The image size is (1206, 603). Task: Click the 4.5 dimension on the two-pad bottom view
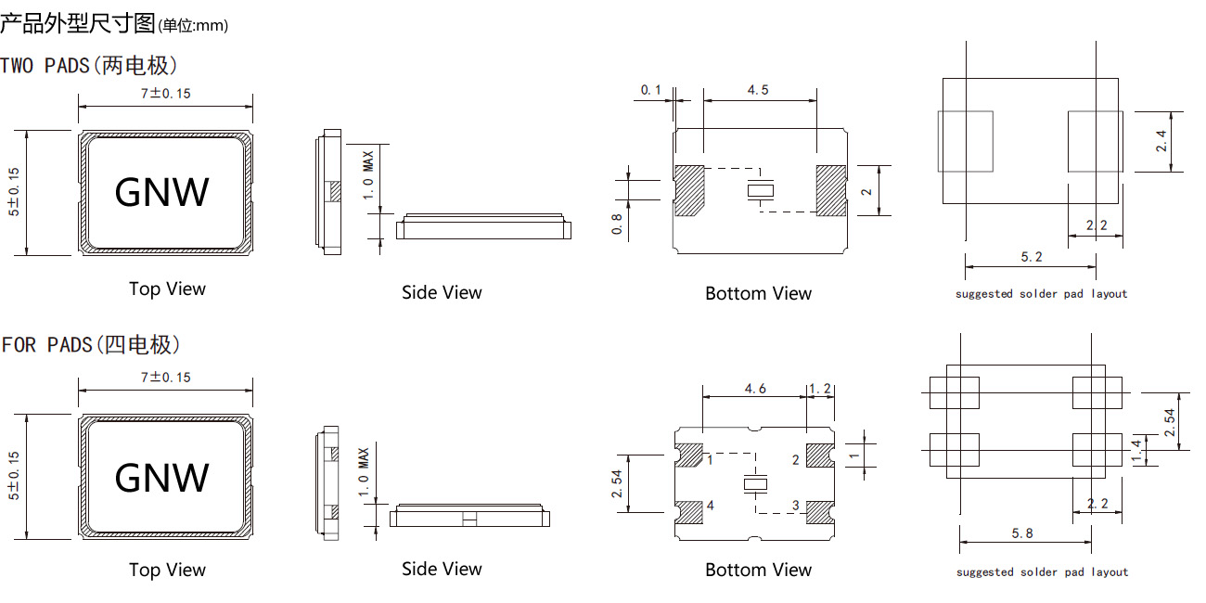click(757, 90)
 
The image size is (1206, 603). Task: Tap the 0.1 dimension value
click(651, 90)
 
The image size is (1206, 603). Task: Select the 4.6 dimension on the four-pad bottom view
click(755, 389)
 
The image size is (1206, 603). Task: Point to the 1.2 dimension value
click(820, 389)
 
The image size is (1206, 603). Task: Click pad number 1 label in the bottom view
click(710, 459)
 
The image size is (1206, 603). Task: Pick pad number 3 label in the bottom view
click(795, 506)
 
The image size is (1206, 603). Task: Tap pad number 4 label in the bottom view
click(710, 506)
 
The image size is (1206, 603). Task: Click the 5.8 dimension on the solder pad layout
click(1023, 533)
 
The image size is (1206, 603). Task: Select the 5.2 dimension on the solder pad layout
click(1031, 257)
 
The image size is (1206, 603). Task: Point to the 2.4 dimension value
click(1161, 142)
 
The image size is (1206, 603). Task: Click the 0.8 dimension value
click(617, 224)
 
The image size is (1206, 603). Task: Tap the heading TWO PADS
click(89, 66)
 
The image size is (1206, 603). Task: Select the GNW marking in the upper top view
click(162, 192)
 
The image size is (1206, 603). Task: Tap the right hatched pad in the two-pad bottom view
click(830, 190)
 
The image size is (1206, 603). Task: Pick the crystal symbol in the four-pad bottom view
click(756, 485)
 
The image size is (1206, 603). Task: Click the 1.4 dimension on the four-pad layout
click(1137, 451)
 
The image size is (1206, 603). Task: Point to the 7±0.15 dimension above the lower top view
click(165, 377)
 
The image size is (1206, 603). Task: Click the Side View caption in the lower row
click(442, 569)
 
